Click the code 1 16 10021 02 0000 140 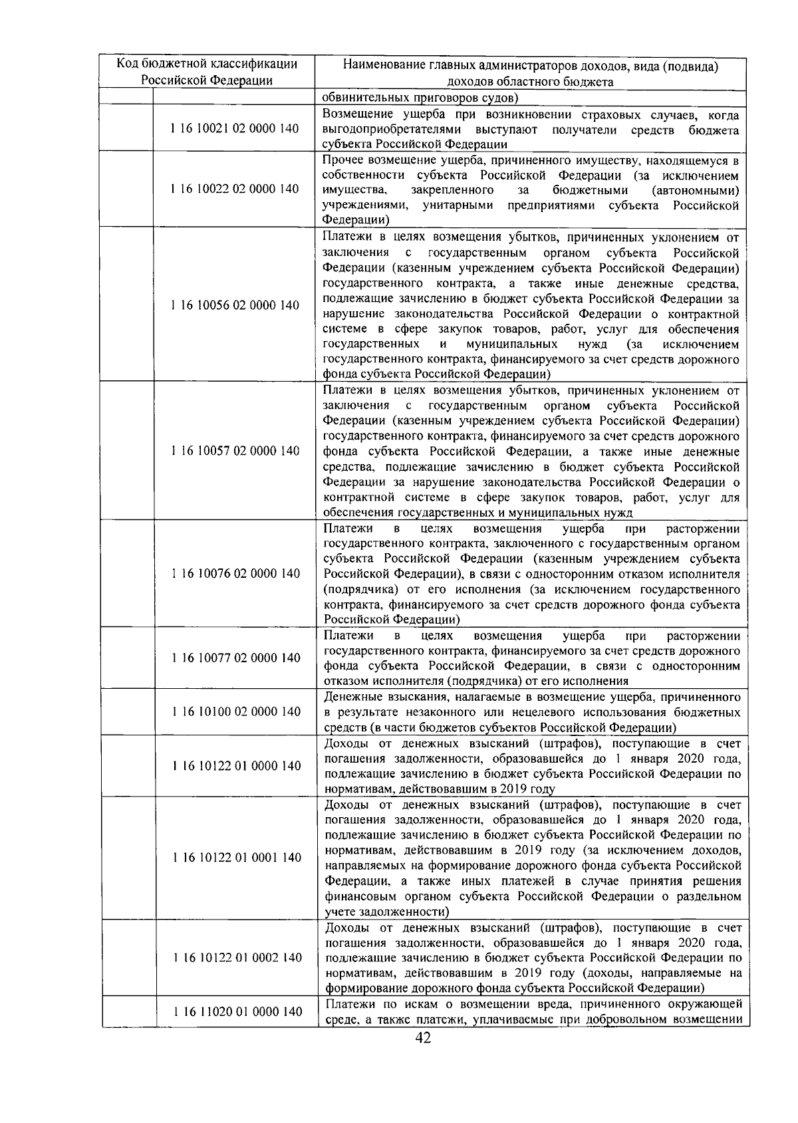pyautogui.click(x=235, y=129)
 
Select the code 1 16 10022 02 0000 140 pyautogui.click(x=235, y=189)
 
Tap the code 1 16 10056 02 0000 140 pyautogui.click(x=235, y=306)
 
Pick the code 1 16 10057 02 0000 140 pyautogui.click(x=235, y=451)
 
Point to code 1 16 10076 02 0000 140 pyautogui.click(x=235, y=574)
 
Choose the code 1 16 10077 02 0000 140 pyautogui.click(x=235, y=658)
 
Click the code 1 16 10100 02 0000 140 pyautogui.click(x=235, y=712)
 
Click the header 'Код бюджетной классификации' pyautogui.click(x=207, y=64)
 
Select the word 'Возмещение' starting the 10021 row pyautogui.click(x=355, y=115)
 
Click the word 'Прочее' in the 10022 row pyautogui.click(x=341, y=160)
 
